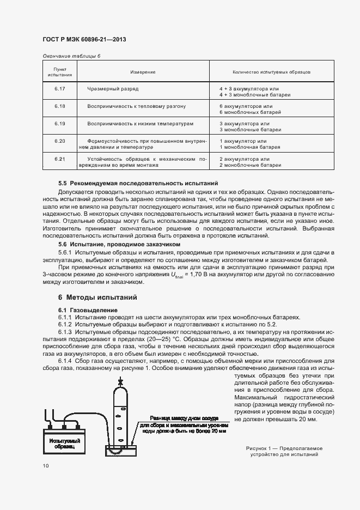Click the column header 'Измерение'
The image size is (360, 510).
[x=143, y=72]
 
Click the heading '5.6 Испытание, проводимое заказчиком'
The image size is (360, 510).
[x=119, y=245]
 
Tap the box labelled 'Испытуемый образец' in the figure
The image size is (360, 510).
[x=65, y=443]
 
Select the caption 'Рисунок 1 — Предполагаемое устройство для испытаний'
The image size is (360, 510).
[x=282, y=451]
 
